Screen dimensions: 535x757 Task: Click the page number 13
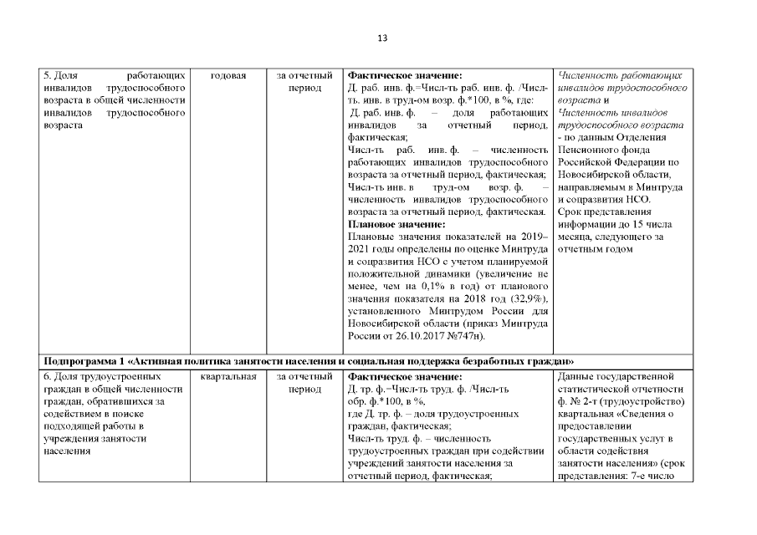tap(382, 38)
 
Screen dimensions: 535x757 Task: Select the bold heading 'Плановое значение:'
tap(396, 224)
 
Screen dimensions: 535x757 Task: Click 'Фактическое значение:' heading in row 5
tap(404, 76)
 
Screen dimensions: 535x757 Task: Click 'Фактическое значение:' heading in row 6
tap(404, 377)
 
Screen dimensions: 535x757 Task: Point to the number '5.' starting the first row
tap(48, 76)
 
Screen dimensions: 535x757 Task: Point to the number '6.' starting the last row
tap(48, 377)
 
